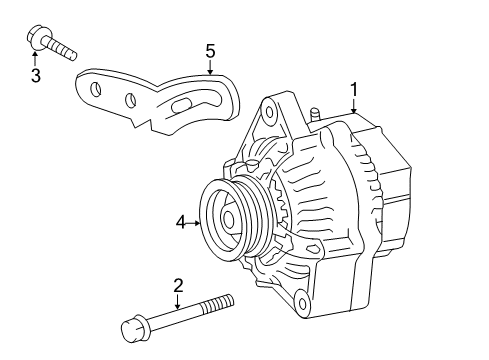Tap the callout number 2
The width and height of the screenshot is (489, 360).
click(x=178, y=286)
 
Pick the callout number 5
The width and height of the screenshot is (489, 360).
click(x=210, y=50)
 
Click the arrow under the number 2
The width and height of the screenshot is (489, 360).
click(x=178, y=303)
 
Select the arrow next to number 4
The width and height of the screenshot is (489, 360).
click(x=194, y=223)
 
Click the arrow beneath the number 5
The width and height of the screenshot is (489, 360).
click(x=210, y=67)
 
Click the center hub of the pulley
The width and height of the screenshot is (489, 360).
click(x=229, y=219)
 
